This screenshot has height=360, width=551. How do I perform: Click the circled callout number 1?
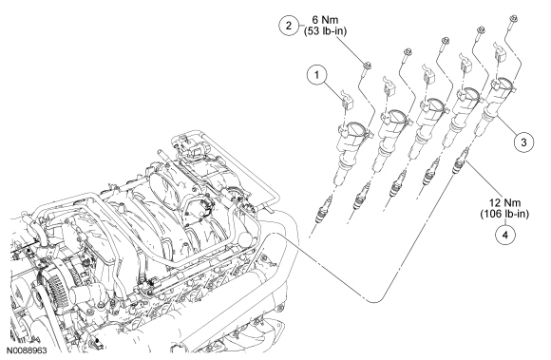coord(317,75)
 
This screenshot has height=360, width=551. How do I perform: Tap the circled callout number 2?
coord(289,26)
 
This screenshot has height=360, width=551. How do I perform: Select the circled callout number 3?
coord(523,142)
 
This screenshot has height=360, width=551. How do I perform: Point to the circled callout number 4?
coord(505,235)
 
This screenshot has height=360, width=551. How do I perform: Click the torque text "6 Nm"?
coord(325,20)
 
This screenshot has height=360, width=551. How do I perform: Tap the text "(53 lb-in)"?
coord(325,31)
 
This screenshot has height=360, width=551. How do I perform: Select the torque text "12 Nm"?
coord(505,202)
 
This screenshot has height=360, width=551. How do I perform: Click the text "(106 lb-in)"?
coord(504,214)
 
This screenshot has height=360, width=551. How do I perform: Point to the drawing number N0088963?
coord(27,351)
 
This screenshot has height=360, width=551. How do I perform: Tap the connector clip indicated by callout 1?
coord(346,99)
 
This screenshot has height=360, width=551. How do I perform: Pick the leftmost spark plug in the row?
coord(323,209)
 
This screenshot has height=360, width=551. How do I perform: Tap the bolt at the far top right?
coord(512,23)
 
